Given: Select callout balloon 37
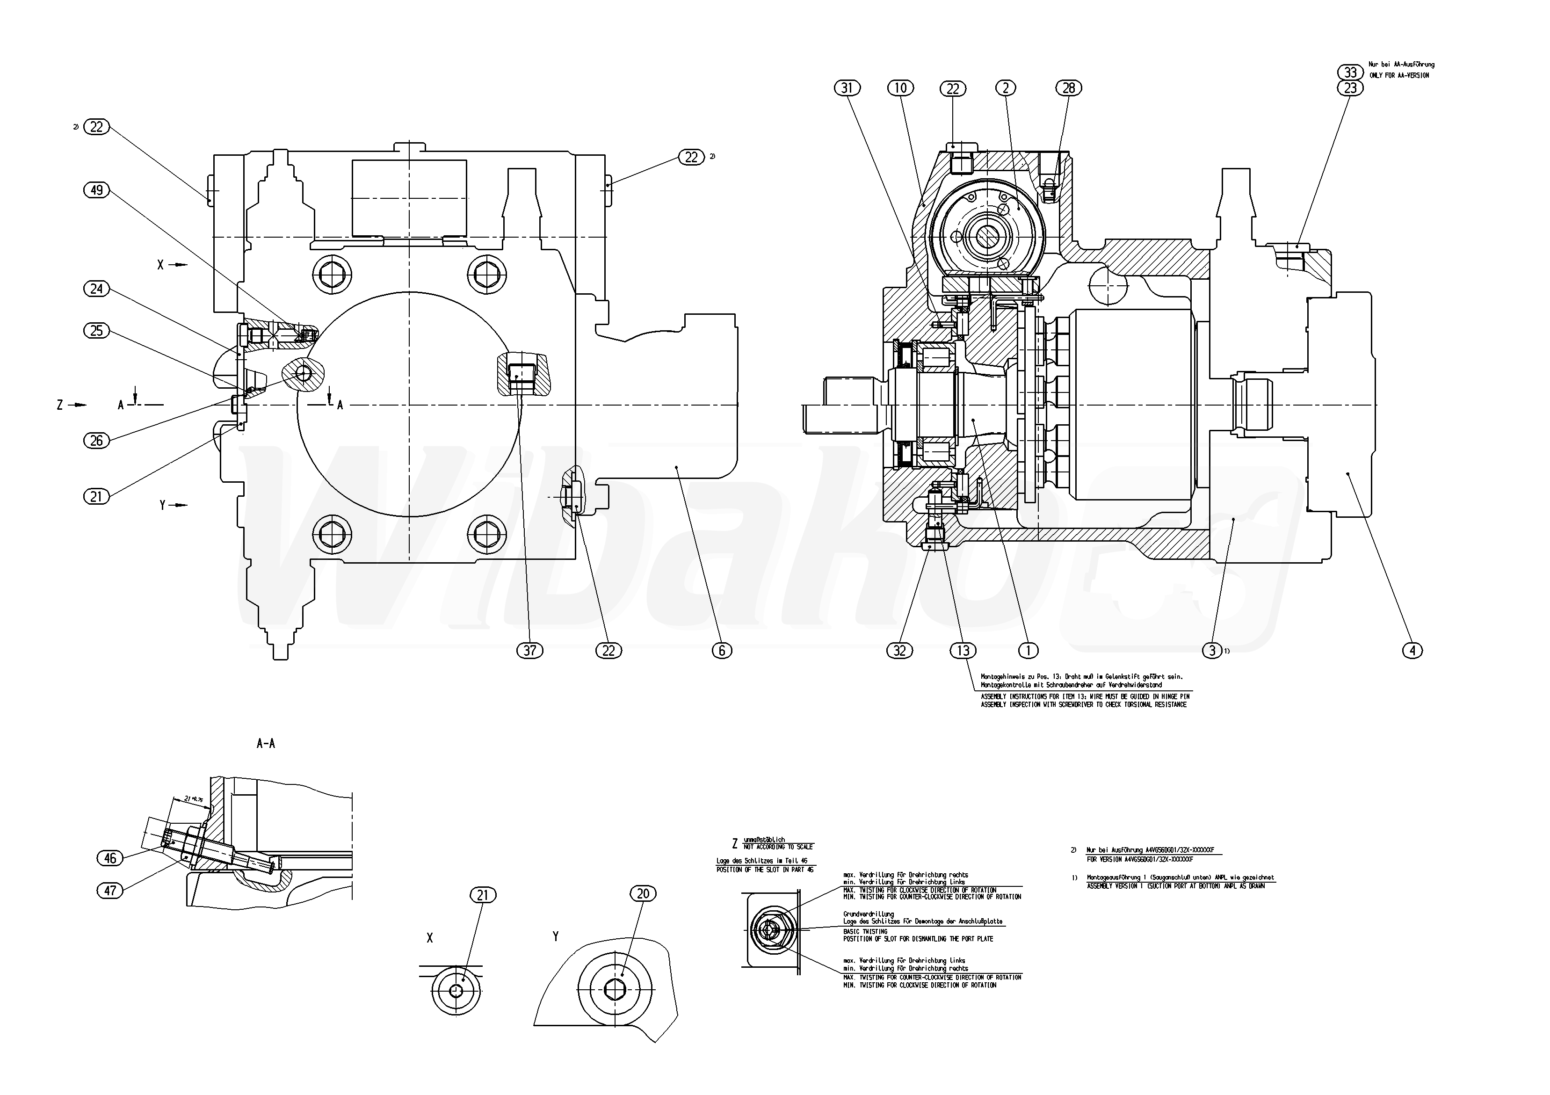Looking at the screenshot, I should click(x=529, y=650).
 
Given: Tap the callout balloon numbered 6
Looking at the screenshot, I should click(x=722, y=650).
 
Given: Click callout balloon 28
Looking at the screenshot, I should click(x=1069, y=88).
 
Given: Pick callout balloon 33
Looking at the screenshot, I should click(x=1350, y=72).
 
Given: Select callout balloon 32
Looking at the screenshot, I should click(x=899, y=650).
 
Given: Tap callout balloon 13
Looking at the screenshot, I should click(x=963, y=650).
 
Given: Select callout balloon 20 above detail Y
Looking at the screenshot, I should click(x=643, y=894).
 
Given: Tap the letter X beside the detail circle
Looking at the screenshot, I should click(x=429, y=938).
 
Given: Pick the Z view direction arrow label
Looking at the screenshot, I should click(x=60, y=405).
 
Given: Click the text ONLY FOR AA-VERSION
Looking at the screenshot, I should click(x=1399, y=76).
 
